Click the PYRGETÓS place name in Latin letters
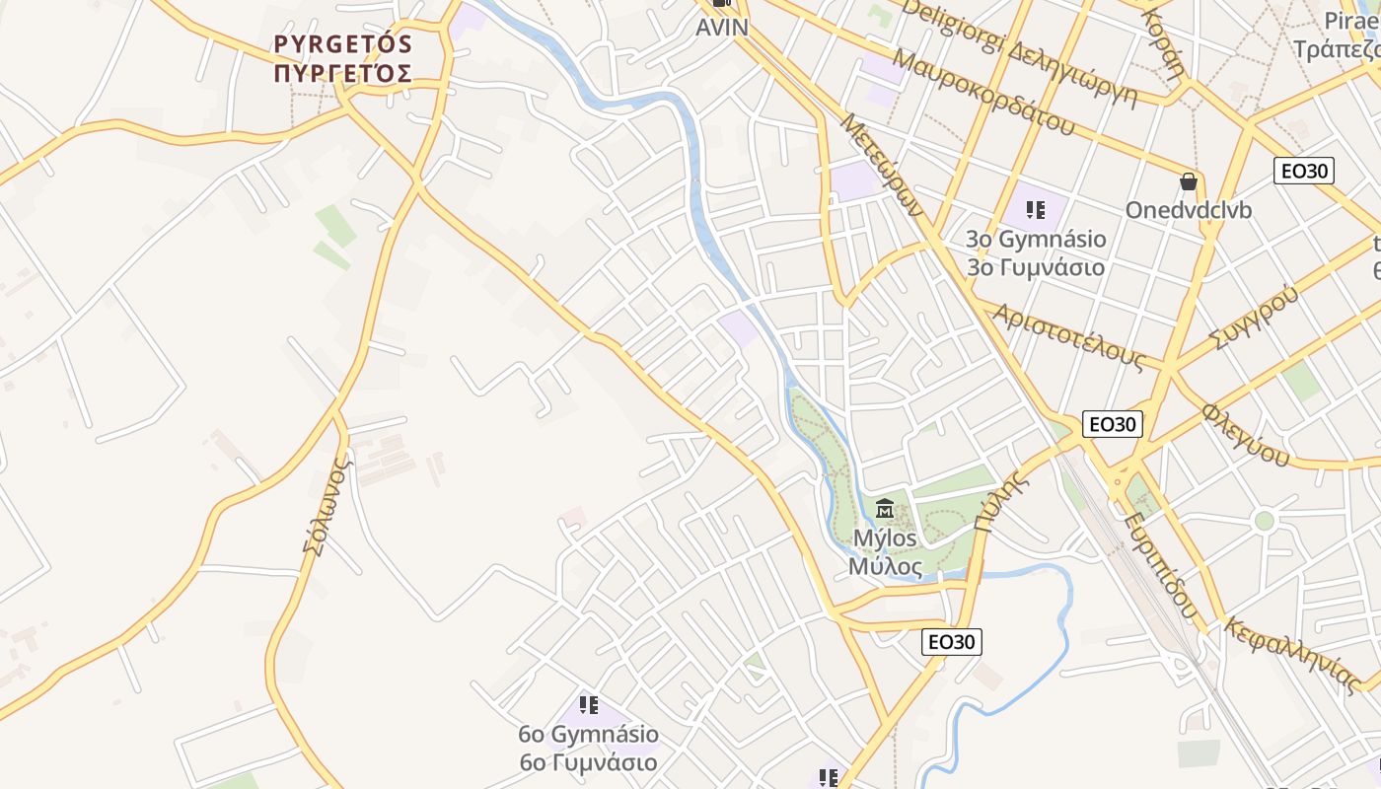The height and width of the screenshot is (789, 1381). (342, 44)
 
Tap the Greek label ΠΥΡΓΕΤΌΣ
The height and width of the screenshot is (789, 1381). (342, 72)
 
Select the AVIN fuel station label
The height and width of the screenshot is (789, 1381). (722, 28)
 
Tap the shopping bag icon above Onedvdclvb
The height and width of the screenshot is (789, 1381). (1189, 181)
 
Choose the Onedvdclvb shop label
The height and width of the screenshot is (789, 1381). (1189, 210)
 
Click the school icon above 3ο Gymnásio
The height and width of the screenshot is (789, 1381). (1035, 209)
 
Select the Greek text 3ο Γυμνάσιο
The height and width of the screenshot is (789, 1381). (1035, 267)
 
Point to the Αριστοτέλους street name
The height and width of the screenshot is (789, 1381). (1067, 336)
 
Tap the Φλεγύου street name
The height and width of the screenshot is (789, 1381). (1246, 434)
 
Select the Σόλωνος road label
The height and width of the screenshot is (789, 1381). (327, 505)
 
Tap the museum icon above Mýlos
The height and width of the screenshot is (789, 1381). (885, 510)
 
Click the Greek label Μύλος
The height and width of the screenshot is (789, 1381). (885, 567)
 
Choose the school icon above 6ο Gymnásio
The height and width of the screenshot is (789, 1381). (589, 705)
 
